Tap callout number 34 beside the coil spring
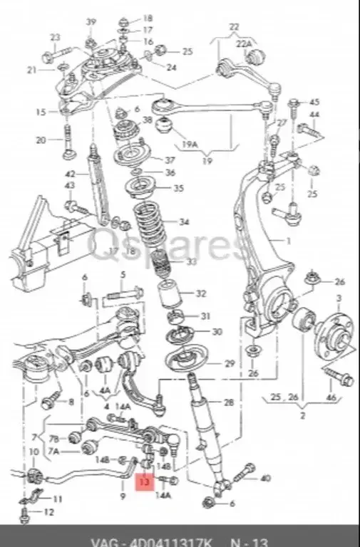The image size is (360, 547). click(185, 222)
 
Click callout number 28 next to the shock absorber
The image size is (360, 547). click(228, 403)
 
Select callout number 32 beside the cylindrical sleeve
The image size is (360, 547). click(201, 293)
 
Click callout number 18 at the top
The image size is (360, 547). click(148, 17)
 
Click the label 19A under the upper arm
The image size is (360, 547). click(189, 143)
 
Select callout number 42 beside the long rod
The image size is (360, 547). click(70, 174)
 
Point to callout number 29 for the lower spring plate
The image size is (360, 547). click(229, 364)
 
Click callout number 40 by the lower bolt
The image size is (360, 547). click(266, 478)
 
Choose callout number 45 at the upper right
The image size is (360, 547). click(314, 102)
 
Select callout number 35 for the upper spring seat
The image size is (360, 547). click(178, 189)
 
